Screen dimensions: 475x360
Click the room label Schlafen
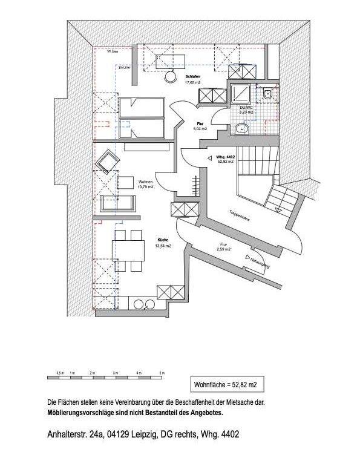point(193,76)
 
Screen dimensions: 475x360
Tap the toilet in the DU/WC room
point(267,94)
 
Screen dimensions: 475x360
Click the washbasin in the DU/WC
point(243,128)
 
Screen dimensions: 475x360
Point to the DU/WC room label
point(246,108)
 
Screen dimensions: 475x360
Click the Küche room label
point(163,239)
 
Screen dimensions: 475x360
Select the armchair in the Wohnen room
point(110,161)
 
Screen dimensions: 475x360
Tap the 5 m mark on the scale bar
point(162,372)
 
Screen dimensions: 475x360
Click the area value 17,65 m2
point(193,82)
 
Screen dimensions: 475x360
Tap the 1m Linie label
point(111,53)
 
